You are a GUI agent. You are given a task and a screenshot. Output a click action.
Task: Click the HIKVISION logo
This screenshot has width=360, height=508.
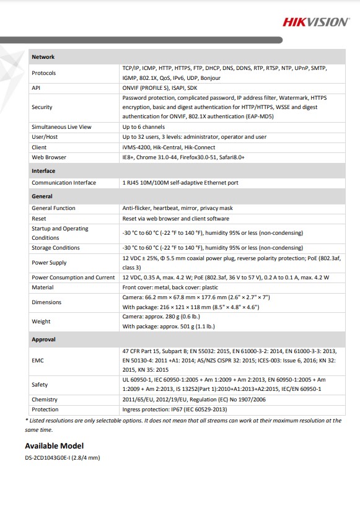pyautogui.click(x=316, y=22)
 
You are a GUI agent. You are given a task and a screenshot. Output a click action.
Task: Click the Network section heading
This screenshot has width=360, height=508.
pyautogui.click(x=43, y=57)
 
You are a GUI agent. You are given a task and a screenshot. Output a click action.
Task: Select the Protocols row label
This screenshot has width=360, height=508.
pyautogui.click(x=43, y=73)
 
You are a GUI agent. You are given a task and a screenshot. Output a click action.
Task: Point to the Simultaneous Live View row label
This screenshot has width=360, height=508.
pyautogui.click(x=61, y=127)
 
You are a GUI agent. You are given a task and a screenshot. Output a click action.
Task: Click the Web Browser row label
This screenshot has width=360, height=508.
pyautogui.click(x=49, y=157)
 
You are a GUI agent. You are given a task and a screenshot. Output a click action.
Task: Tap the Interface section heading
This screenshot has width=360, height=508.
pyautogui.click(x=43, y=171)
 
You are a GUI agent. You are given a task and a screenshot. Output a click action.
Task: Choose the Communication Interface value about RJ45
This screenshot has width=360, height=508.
pyautogui.click(x=180, y=183)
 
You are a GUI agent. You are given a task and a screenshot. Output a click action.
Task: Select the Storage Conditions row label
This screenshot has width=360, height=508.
pyautogui.click(x=56, y=248)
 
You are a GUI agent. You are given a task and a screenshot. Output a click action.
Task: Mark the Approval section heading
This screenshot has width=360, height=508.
pyautogui.click(x=43, y=339)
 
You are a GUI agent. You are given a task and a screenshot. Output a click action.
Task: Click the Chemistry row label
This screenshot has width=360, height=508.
pyautogui.click(x=45, y=400)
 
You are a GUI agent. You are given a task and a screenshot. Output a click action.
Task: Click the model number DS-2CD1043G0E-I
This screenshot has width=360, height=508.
pyautogui.click(x=62, y=458)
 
